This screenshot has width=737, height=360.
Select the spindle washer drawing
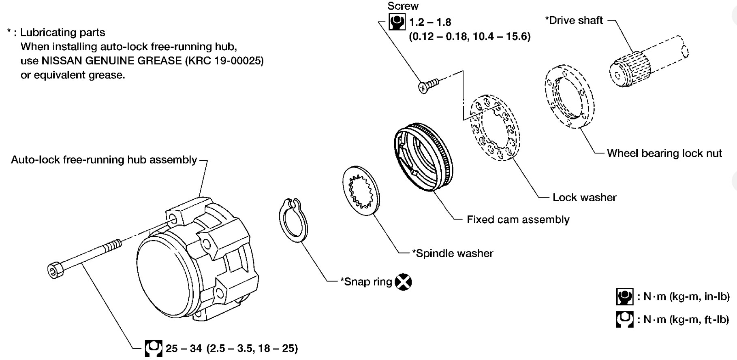pos(361,190)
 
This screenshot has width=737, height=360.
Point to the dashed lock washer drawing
pos(495,128)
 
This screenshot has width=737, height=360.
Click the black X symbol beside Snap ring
pos(403,282)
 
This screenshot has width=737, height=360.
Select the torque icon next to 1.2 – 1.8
pos(397,22)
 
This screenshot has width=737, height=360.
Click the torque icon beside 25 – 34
pos(154,348)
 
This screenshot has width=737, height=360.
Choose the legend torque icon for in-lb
pos(624,296)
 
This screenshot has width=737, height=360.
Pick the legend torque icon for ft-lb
pos(624,320)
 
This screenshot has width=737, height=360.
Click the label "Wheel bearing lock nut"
pos(664,153)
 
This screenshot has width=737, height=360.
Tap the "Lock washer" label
pos(584,197)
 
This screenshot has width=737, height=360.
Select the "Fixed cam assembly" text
pos(518,219)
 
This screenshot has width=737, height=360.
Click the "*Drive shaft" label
pos(574,20)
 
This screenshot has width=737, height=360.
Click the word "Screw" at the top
pos(403,6)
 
